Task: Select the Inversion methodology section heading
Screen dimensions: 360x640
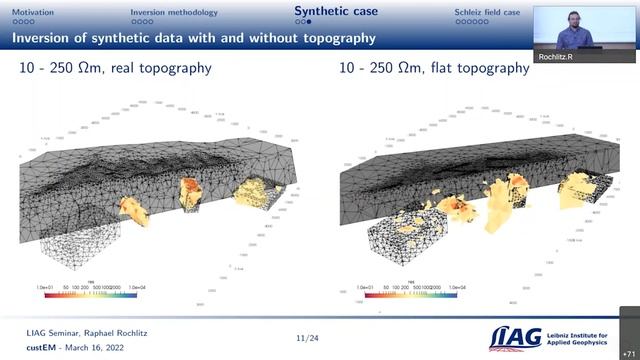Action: pos(174,11)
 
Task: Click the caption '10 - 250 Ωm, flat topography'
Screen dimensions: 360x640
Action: pos(431,69)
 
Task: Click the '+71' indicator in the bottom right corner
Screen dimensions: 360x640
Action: pos(628,350)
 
